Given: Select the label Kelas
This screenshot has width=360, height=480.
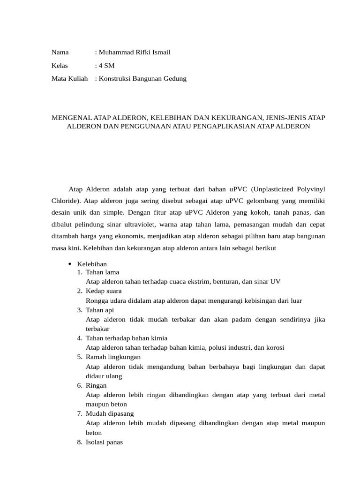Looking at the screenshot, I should click(x=60, y=66).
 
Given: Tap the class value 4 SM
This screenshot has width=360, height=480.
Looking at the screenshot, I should click(x=106, y=66).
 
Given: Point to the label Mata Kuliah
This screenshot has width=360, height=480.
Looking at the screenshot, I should click(x=69, y=79).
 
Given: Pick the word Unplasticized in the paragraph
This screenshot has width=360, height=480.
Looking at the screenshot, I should click(x=277, y=189).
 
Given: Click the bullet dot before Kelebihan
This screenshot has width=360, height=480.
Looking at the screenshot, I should click(x=69, y=264).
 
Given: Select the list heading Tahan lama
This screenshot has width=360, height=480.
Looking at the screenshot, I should click(x=102, y=272).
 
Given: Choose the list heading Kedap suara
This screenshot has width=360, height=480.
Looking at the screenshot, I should click(x=103, y=291).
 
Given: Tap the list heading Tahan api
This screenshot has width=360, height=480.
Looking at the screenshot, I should click(x=99, y=310).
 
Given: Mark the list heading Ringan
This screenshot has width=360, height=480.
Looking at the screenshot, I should click(x=96, y=385).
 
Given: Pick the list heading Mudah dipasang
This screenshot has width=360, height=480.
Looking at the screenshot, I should click(x=110, y=414).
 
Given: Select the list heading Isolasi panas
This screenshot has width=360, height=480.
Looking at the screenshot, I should click(x=104, y=442).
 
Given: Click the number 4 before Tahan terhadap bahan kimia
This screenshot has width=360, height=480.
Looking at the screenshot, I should click(x=79, y=338).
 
